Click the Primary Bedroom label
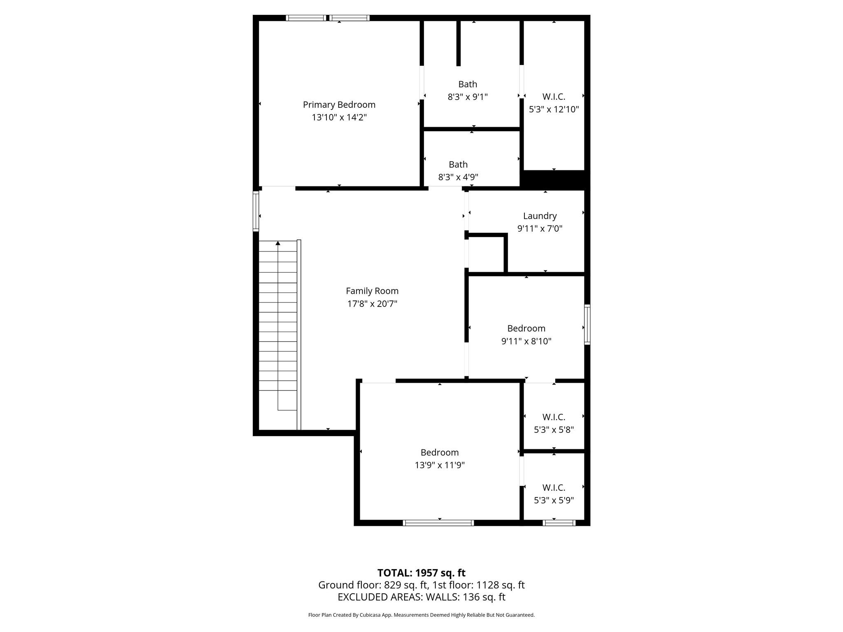[x=339, y=105]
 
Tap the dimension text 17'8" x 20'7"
[x=372, y=304]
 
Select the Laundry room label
[x=540, y=216]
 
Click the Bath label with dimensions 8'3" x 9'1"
[x=468, y=84]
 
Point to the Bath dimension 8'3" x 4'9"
[x=458, y=177]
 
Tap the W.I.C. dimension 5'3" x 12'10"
[x=554, y=109]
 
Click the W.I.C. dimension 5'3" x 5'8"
[x=554, y=430]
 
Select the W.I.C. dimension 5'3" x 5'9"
[x=554, y=500]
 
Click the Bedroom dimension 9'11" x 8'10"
[x=526, y=341]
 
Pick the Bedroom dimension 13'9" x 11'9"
[x=439, y=465]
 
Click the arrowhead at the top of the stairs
[x=278, y=244]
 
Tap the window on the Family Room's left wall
[x=256, y=211]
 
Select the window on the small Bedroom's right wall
[x=587, y=324]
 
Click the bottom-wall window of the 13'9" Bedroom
[x=438, y=523]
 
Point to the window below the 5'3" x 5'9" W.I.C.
[x=559, y=523]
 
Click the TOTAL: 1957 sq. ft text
[x=421, y=573]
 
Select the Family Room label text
[x=372, y=291]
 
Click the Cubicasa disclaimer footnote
[x=421, y=615]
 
